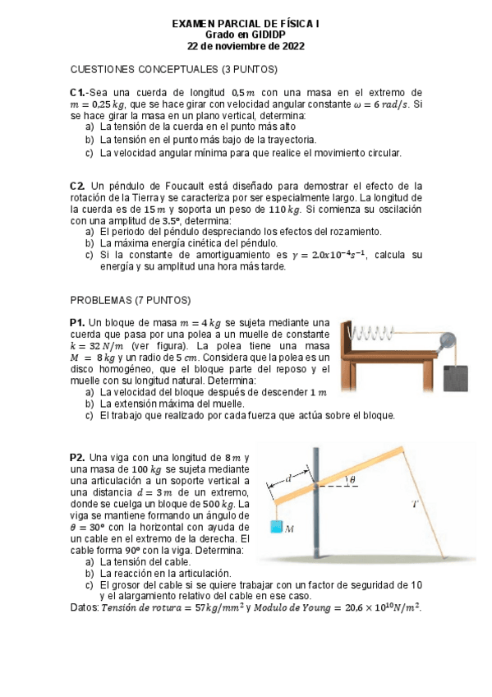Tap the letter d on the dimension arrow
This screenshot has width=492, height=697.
point(288,478)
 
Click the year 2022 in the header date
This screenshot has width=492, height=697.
point(291,47)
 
